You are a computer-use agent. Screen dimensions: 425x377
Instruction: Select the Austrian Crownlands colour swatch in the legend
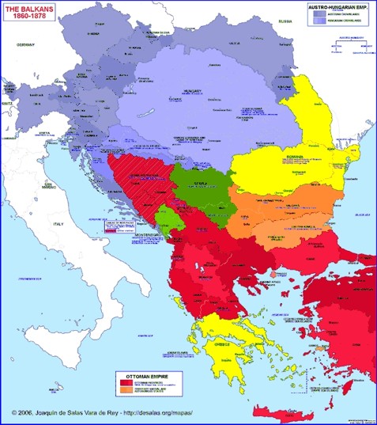coord(316,13)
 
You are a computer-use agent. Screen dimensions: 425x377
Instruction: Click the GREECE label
coord(224,344)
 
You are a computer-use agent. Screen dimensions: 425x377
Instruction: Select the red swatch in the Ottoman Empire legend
coord(126,382)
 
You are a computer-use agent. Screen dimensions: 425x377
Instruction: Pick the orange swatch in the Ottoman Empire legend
coord(126,390)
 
